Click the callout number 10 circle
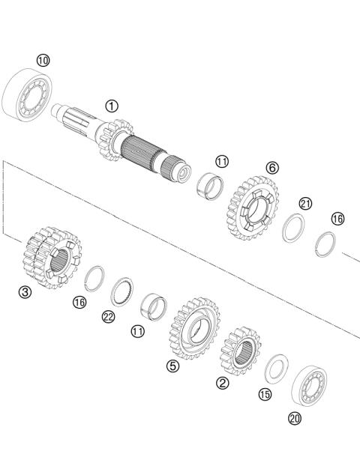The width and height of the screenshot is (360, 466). [x=43, y=59]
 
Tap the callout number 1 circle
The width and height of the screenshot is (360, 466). [x=112, y=106]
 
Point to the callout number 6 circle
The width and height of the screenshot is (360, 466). [x=271, y=167]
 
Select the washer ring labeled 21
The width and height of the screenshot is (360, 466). [x=294, y=228]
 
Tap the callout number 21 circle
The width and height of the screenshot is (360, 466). [x=304, y=203]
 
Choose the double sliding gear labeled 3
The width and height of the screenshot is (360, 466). [x=51, y=258]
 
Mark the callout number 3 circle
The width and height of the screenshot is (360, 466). [x=25, y=293]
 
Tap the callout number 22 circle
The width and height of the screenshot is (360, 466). [x=109, y=316]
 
